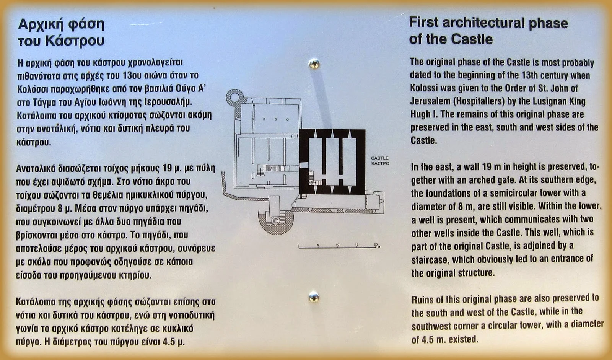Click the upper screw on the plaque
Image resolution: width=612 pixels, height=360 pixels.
pos(314,64)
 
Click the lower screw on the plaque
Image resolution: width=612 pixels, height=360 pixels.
pos(314,297)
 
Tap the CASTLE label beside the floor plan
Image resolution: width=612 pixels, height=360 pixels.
pos(379,158)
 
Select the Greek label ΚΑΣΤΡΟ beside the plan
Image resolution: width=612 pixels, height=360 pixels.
pos(380,163)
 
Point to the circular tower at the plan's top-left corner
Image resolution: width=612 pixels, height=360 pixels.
pos(235,97)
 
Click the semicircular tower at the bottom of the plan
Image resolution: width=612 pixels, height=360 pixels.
pos(276,223)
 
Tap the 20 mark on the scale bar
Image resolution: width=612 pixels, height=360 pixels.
pos(376,244)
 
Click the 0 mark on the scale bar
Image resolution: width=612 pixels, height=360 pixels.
pos(299,245)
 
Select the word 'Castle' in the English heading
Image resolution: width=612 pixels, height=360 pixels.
pos(472,39)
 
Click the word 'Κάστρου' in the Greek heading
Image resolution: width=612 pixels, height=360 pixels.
pos(75,41)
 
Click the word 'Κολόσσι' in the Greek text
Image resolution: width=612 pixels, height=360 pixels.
pos(33,89)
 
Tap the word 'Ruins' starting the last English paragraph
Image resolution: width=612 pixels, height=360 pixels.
pos(422,300)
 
